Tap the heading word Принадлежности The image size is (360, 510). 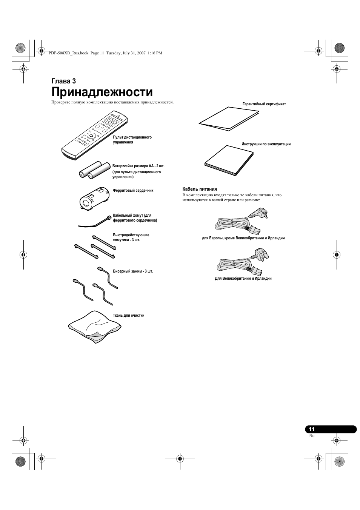[102, 92]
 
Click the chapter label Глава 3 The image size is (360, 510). [64, 81]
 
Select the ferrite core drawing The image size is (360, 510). [94, 198]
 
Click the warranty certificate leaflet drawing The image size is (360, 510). [229, 119]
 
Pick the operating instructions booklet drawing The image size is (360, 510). [229, 160]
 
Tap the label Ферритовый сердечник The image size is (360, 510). [133, 190]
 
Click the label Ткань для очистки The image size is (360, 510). [129, 315]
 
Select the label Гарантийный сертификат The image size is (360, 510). [264, 104]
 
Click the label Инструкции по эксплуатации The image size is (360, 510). [266, 144]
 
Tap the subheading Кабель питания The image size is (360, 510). [200, 189]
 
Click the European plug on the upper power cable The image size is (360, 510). [260, 213]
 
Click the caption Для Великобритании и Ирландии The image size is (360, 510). [243, 279]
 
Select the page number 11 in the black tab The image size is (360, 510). [312, 429]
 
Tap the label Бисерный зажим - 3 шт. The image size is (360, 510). [133, 271]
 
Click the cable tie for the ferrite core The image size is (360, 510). [95, 222]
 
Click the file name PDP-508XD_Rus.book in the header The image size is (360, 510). [68, 53]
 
